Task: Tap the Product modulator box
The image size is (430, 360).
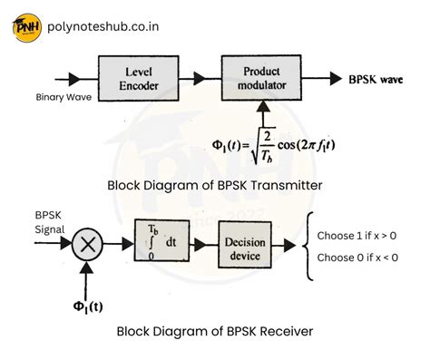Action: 261,78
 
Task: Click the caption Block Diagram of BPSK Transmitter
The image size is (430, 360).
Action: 215,185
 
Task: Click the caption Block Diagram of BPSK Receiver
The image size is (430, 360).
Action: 215,331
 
